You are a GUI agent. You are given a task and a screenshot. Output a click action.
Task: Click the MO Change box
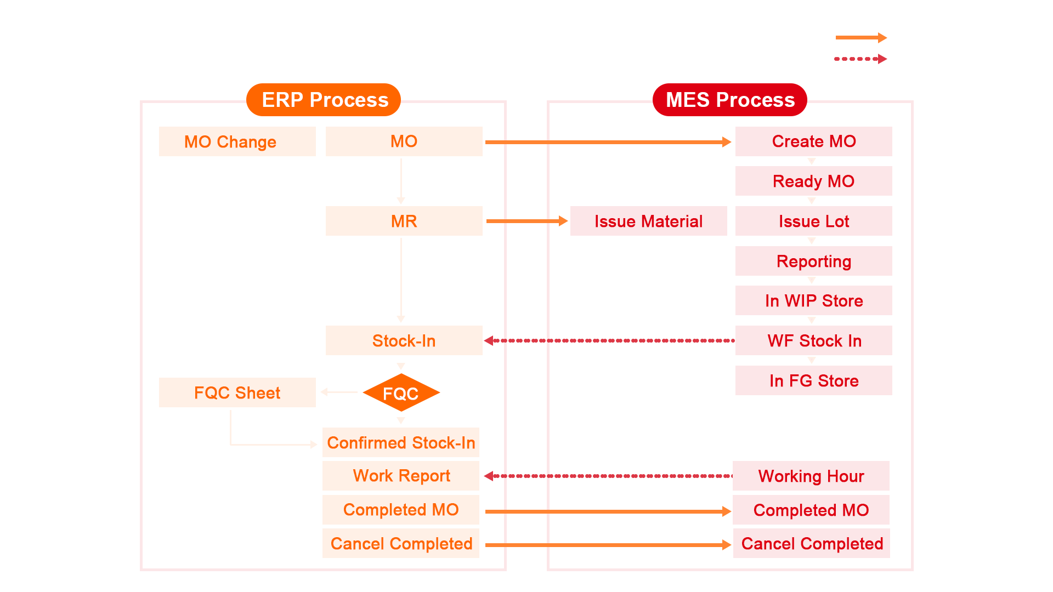pos(237,141)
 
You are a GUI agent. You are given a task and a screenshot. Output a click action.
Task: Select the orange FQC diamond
pos(401,393)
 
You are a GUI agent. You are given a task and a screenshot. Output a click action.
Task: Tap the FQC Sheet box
pos(237,392)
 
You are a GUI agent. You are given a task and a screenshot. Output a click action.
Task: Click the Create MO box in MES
pos(813,141)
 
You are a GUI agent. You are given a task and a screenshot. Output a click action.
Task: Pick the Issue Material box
pos(648,221)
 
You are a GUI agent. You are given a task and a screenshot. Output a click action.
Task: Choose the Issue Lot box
pos(813,221)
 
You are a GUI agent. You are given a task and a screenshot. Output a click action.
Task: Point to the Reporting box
pos(813,261)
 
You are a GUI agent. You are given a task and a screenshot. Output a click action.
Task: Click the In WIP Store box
pos(813,300)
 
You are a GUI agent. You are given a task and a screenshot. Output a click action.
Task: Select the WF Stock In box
pos(813,340)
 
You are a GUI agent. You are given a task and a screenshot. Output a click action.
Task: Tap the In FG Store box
pos(813,380)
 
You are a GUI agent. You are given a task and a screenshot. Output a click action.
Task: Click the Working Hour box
pos(811,476)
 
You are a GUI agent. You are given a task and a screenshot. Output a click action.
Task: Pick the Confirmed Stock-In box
pos(401,442)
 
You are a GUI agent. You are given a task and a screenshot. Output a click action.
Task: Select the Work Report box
pos(401,475)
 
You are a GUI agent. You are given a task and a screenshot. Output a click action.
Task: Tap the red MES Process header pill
pos(729,100)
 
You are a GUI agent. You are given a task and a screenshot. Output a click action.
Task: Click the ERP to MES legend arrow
pos(860,38)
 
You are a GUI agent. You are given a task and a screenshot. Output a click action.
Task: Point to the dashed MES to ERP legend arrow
pos(860,59)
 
